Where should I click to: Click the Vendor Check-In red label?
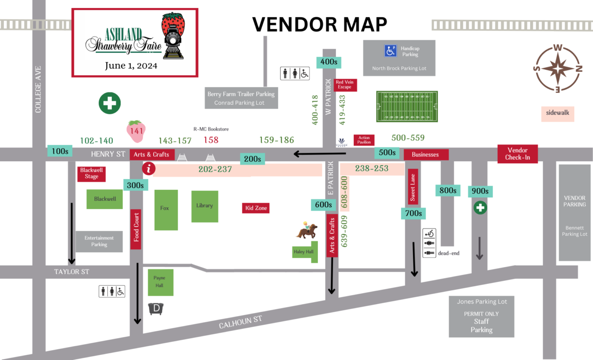coord(517,154)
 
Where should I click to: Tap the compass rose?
coord(557,68)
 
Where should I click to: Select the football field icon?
coord(407,106)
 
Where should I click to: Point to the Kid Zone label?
coord(256,208)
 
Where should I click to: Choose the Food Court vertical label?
coord(136,229)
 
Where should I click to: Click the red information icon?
coord(147,169)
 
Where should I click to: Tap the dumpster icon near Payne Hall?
coord(157,309)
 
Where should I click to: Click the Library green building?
coord(205,206)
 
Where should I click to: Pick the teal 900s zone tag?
coord(480,191)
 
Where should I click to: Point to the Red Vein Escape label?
coord(344,85)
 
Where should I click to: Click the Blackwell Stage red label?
coord(91,173)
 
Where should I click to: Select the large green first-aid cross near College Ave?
coord(110,103)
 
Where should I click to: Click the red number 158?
coord(211,140)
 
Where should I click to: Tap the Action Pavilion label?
coord(364,140)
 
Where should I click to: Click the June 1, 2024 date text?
coord(131,65)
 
